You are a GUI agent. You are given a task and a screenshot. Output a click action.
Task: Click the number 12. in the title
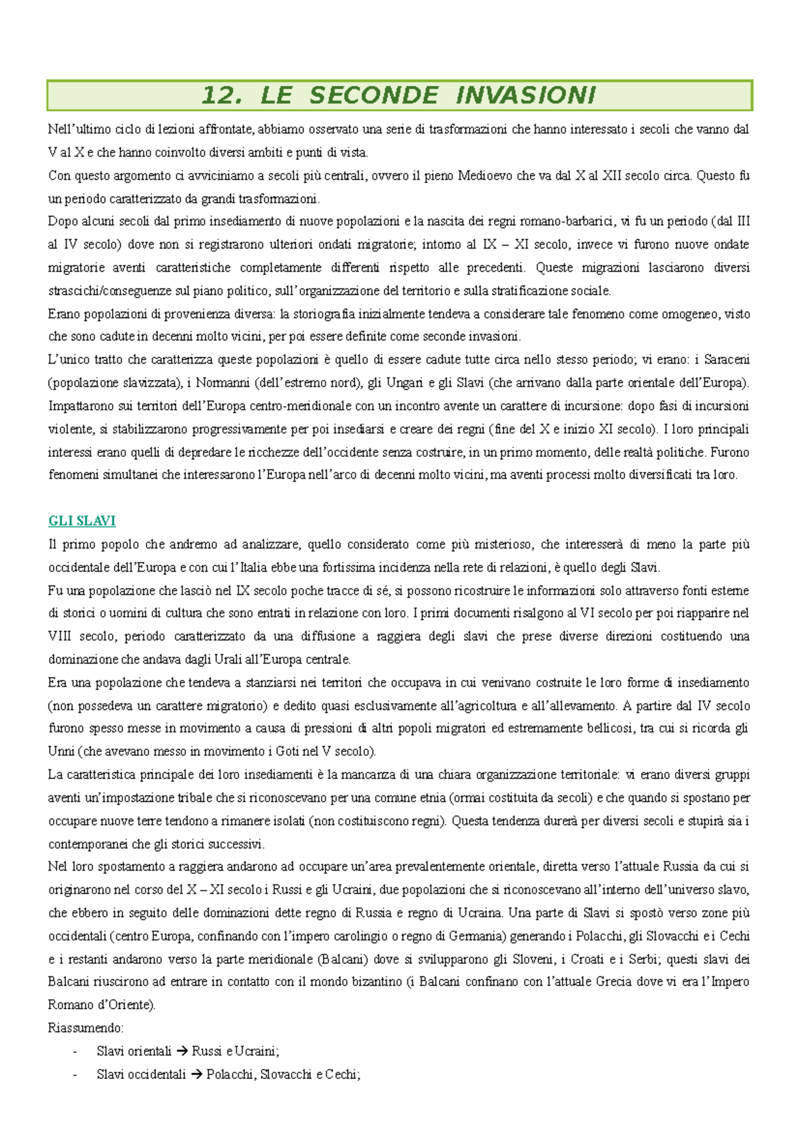click(x=221, y=95)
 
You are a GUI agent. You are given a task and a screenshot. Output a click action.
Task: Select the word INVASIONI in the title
click(x=525, y=95)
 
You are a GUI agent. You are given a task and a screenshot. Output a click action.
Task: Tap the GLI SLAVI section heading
click(x=82, y=521)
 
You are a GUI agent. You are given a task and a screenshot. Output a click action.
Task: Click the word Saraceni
click(x=726, y=360)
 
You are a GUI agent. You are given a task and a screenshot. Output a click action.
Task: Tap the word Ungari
click(x=405, y=383)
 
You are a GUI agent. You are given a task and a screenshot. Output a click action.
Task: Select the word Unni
click(x=61, y=751)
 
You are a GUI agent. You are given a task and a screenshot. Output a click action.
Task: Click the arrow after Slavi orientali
click(x=182, y=1051)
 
